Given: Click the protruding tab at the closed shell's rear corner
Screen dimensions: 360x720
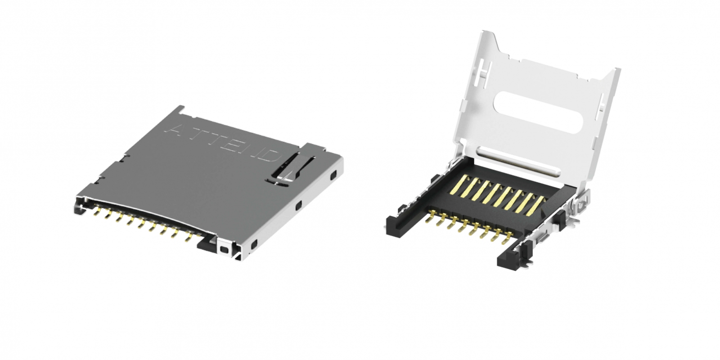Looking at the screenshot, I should [180, 108].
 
